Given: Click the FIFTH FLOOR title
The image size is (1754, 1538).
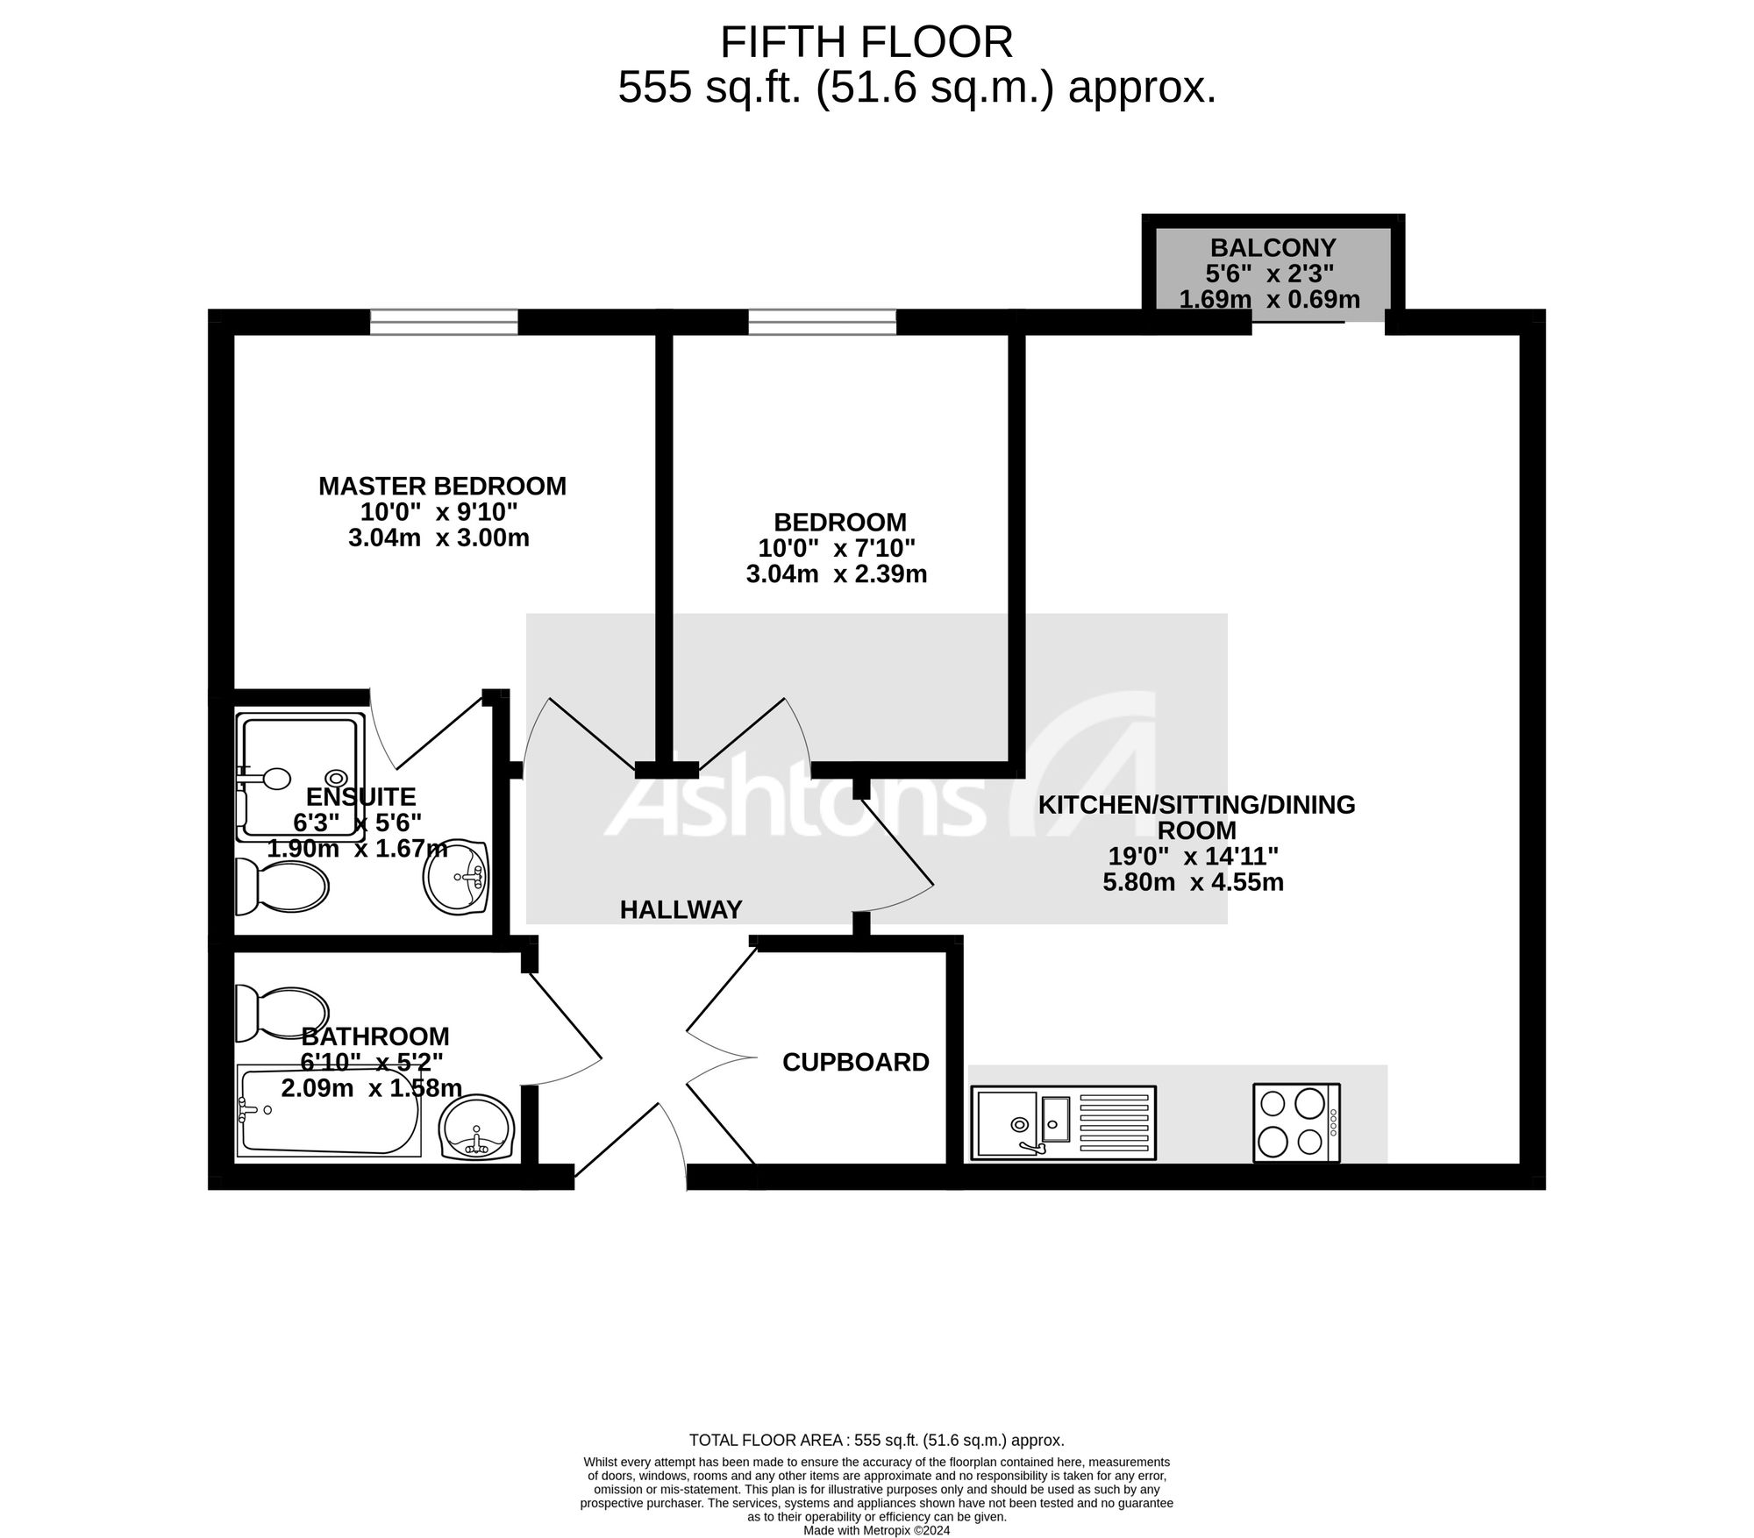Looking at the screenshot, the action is [866, 42].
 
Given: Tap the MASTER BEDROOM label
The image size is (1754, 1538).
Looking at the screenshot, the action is [442, 486].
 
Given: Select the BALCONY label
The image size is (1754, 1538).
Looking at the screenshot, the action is [1273, 247].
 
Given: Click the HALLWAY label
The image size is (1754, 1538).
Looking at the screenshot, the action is [681, 910].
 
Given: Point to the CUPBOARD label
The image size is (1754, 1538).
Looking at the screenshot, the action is [856, 1062].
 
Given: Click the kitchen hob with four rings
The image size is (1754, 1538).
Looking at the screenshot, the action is [1296, 1123].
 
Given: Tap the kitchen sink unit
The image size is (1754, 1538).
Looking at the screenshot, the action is [1065, 1123].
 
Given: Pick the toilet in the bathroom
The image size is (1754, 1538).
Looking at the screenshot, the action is [281, 1014].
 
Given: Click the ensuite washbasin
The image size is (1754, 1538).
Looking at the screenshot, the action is [456, 878].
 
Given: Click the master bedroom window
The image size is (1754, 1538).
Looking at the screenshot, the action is [444, 322].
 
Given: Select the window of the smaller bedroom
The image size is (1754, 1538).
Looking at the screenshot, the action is [822, 322].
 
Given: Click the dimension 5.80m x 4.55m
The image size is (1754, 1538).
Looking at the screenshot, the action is [1193, 882].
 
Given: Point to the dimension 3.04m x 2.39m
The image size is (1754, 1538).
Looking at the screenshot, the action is [837, 574].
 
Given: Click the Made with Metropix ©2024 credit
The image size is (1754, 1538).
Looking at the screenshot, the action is [877, 1530].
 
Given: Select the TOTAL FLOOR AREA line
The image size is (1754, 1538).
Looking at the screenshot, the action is [877, 1440].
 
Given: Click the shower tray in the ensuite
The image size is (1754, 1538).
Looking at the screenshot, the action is [300, 777].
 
